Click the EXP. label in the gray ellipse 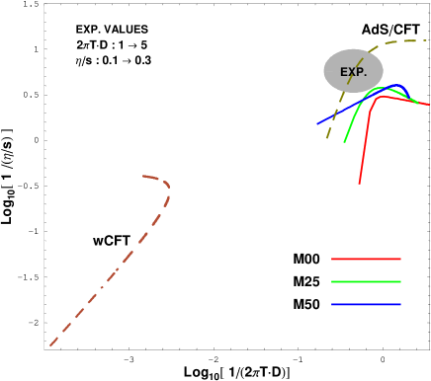(353, 72)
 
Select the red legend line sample (366, 259)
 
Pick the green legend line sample (366, 281)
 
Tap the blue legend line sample (366, 304)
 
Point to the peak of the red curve (384, 96)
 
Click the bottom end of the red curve (359, 184)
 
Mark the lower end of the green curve (344, 142)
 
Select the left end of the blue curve (317, 124)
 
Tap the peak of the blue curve (397, 86)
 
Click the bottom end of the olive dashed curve (327, 138)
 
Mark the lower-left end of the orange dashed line (50, 345)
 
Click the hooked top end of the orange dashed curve (143, 177)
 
